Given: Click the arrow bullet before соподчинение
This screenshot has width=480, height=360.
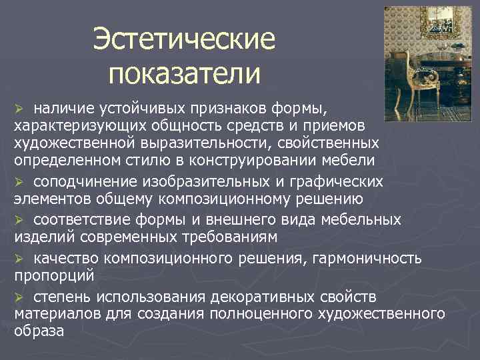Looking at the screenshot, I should (19, 182).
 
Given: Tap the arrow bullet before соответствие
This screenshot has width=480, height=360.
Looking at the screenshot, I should (19, 220).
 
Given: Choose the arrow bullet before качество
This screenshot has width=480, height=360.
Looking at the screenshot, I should (19, 258).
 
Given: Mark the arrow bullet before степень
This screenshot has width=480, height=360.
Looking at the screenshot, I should (19, 296).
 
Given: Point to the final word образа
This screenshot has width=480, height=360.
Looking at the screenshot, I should (39, 331).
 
